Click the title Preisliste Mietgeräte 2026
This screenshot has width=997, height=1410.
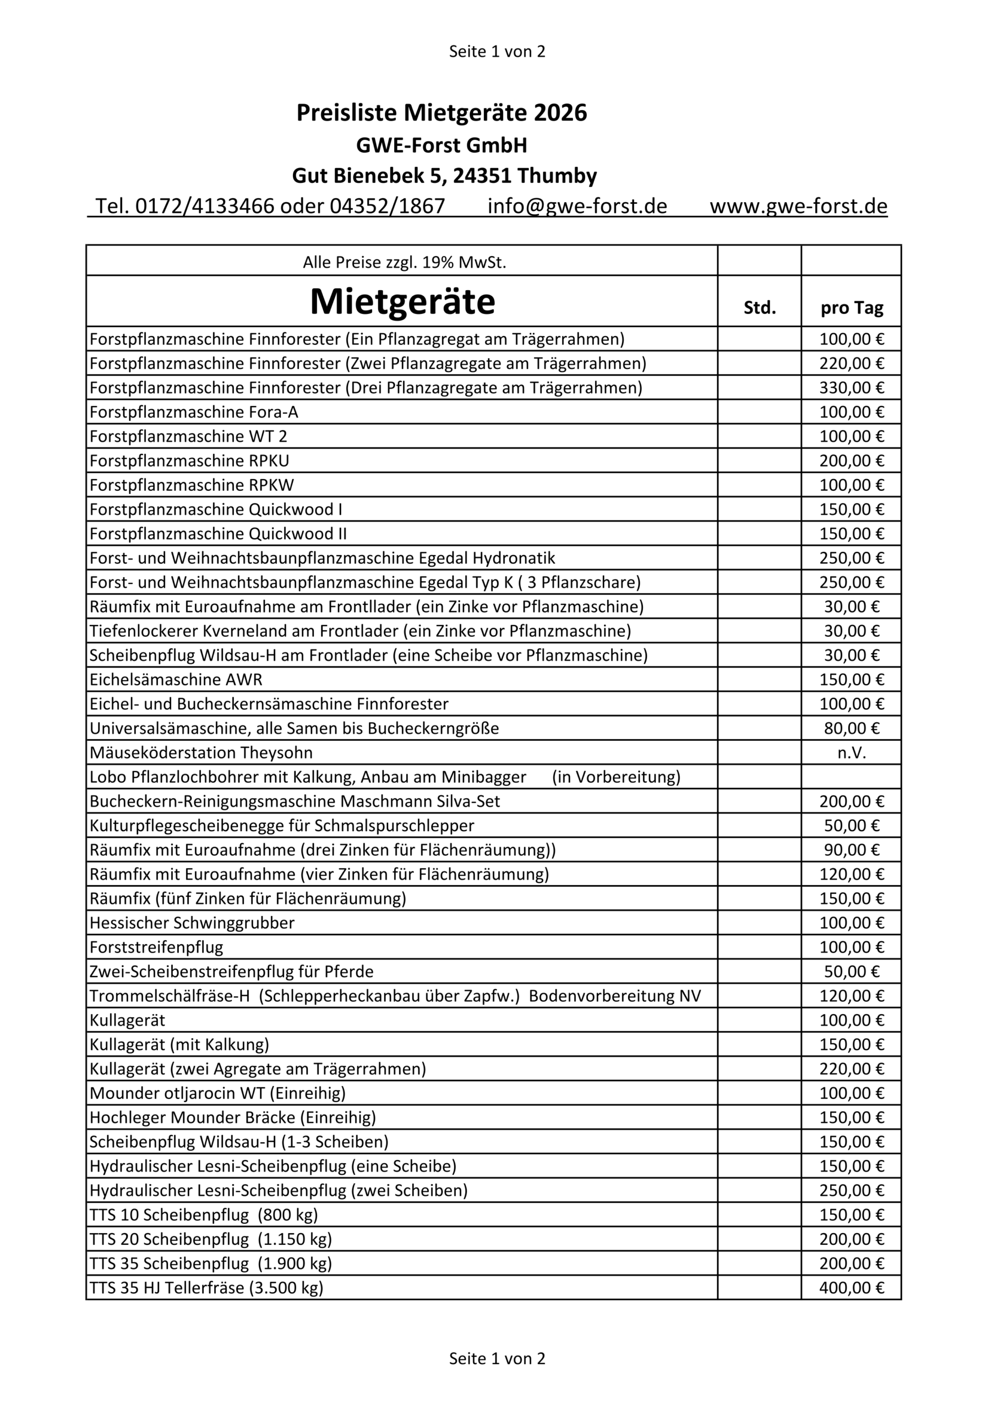442,113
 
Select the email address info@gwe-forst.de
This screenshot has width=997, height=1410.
576,207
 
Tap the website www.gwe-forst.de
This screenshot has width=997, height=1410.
798,207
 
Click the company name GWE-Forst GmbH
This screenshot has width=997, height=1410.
442,145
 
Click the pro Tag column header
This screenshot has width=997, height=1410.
852,308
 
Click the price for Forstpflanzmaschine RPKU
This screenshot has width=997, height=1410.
852,460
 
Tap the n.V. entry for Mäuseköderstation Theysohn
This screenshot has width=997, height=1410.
852,753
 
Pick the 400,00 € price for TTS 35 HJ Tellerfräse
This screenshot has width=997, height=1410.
852,1288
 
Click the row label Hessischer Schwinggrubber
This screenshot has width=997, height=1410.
192,923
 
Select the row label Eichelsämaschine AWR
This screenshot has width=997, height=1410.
176,680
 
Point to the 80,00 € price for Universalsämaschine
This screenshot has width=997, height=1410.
852,728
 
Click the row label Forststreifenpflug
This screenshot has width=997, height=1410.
156,947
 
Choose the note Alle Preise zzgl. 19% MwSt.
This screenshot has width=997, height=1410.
404,263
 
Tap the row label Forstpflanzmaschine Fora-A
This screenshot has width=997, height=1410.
194,412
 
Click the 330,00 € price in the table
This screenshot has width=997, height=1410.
852,388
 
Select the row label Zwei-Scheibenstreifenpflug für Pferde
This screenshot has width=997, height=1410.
231,972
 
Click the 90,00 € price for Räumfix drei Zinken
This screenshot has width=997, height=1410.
852,850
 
